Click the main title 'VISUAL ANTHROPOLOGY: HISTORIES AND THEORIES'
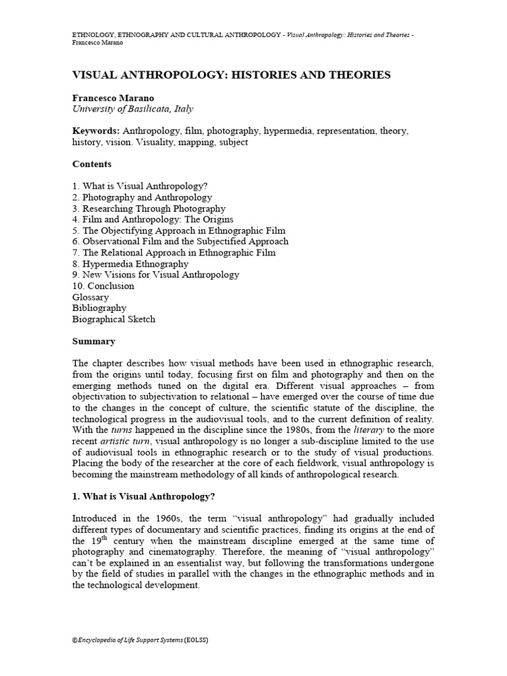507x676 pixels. click(231, 75)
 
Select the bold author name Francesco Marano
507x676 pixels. click(113, 98)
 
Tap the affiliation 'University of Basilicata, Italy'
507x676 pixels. click(133, 109)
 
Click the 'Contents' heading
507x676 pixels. click(92, 164)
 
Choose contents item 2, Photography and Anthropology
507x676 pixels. click(142, 197)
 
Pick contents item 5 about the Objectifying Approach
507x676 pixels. click(178, 230)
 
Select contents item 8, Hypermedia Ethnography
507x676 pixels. click(130, 264)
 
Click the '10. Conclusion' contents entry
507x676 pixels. click(103, 286)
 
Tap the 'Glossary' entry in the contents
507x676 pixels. click(90, 297)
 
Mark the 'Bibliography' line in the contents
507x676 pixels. click(99, 308)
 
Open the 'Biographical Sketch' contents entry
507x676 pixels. click(114, 320)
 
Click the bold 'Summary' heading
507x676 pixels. click(94, 341)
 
